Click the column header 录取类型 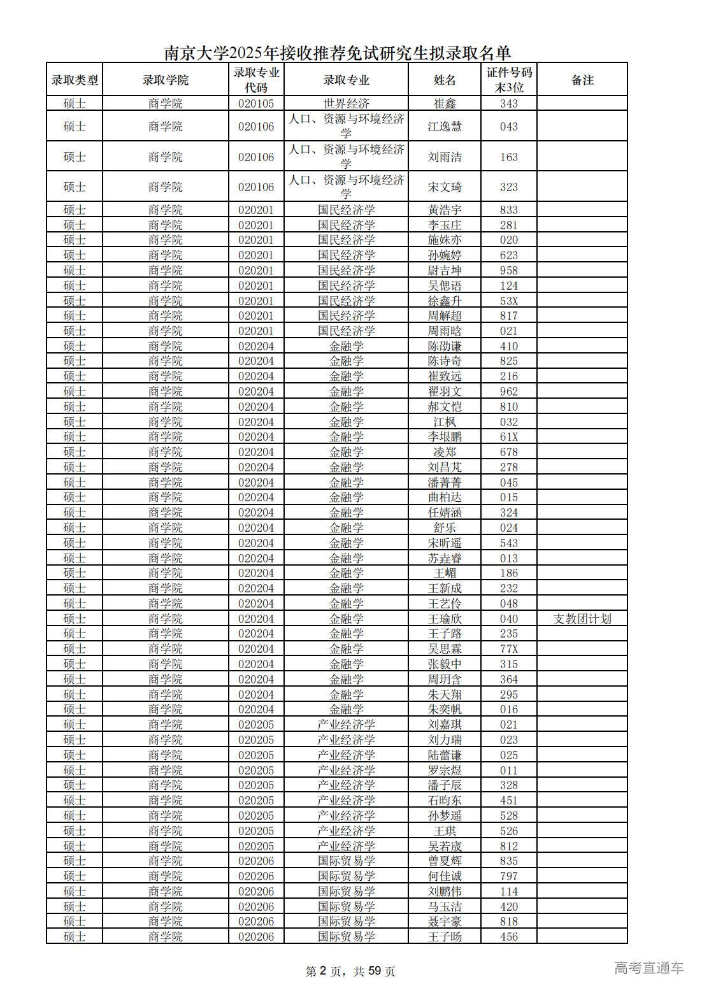coord(75,80)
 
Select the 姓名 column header coord(445,80)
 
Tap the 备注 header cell coord(582,80)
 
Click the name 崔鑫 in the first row coord(445,103)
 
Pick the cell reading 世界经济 coord(346,103)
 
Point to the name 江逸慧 coord(445,126)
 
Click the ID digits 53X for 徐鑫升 coord(509,301)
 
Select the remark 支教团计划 coord(582,618)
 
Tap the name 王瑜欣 coord(445,618)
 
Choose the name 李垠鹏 coord(445,437)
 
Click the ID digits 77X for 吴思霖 coord(509,649)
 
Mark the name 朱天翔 coord(445,694)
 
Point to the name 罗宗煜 coord(445,770)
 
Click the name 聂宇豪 coord(445,922)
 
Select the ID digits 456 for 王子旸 coord(509,937)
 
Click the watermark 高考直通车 coord(649,968)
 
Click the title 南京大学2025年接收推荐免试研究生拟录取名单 coord(338,52)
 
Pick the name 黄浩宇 coord(445,210)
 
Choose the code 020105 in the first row coord(256,103)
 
